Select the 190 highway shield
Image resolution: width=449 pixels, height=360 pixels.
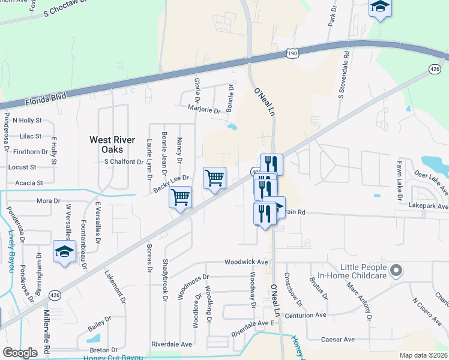(x=292, y=54)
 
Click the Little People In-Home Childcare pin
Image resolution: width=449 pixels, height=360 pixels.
(x=396, y=271)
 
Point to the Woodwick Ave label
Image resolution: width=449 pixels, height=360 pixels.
(x=246, y=262)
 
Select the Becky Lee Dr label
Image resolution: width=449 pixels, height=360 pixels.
(x=171, y=184)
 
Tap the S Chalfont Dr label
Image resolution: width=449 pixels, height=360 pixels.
(x=124, y=161)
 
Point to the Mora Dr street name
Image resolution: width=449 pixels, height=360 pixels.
(x=49, y=200)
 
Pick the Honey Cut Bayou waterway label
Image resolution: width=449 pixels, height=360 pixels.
(x=113, y=358)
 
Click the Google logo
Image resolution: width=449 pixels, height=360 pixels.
(x=20, y=352)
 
